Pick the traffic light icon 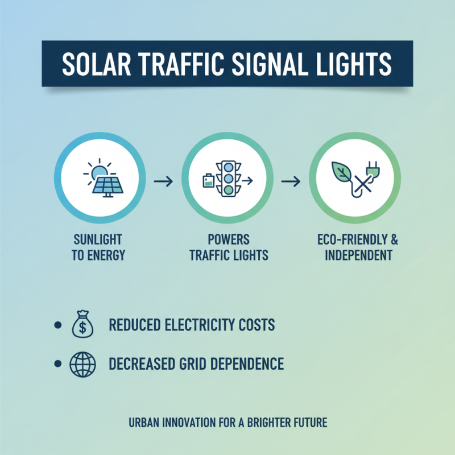point(229,177)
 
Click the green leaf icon point(344,172)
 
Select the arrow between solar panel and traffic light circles point(164,181)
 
